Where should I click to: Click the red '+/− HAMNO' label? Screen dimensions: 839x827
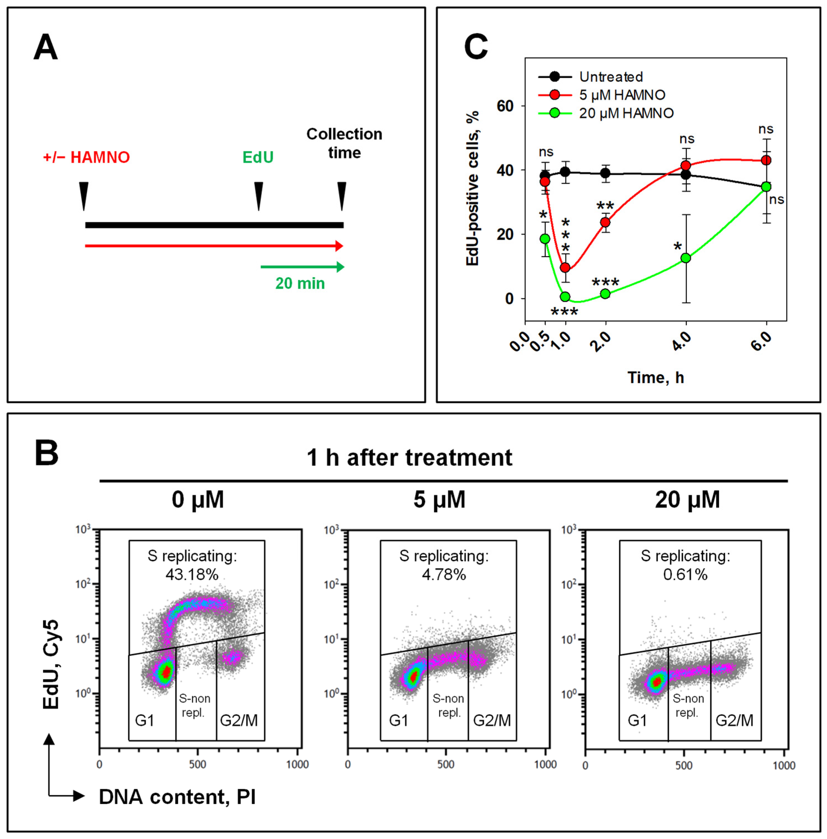(x=86, y=157)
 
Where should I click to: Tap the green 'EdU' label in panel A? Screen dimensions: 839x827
(x=258, y=157)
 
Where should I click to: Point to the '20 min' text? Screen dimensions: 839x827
(x=300, y=283)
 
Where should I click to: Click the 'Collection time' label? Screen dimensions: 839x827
(x=344, y=143)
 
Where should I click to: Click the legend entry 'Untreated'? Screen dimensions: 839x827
(x=610, y=77)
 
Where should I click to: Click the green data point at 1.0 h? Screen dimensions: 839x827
(x=565, y=297)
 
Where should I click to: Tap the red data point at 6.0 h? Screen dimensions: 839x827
(x=766, y=160)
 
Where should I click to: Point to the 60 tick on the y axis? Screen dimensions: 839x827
(x=505, y=106)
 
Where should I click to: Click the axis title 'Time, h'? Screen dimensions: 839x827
(x=655, y=377)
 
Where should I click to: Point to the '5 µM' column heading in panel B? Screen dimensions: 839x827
(x=439, y=500)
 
